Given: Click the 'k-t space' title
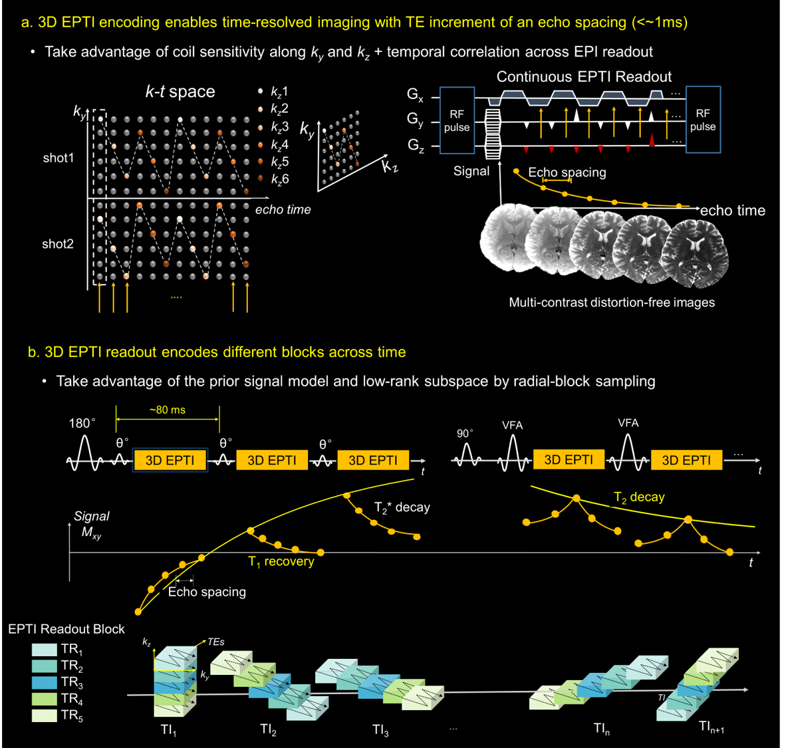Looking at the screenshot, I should click(180, 92).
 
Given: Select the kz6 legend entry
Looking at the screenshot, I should click(279, 179).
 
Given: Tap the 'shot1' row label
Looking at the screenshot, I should click(59, 158).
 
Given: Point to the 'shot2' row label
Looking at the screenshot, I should click(58, 244).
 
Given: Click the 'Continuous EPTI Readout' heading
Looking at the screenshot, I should click(584, 76).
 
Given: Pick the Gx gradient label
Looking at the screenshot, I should click(415, 96).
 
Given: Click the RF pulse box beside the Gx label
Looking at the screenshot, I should click(456, 120).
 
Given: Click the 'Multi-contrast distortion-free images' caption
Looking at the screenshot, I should click(611, 303).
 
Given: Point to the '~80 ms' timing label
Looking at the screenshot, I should click(168, 410).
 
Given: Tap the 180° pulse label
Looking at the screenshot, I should click(82, 424).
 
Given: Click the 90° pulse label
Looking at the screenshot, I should click(465, 433).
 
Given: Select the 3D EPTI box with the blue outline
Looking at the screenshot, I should click(170, 460).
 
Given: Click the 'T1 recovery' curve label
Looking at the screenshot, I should click(281, 562).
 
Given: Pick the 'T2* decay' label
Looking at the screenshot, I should click(402, 508).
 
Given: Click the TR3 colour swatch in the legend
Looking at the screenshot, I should click(44, 682).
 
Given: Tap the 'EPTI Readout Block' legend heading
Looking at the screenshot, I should click(66, 629).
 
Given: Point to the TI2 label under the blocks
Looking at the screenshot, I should click(268, 729).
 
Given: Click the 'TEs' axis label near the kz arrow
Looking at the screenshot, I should click(215, 642).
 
